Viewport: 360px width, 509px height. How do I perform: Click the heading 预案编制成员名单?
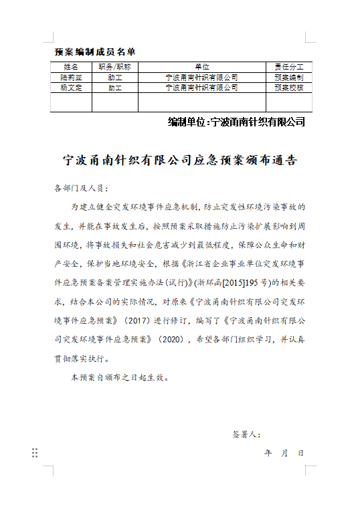[94, 52]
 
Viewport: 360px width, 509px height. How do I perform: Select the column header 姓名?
[71, 67]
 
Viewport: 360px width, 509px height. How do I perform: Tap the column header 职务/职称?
[114, 67]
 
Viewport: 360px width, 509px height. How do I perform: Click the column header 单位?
[202, 67]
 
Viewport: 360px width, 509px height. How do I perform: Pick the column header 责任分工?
[289, 67]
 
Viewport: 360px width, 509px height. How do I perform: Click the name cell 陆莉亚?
[71, 78]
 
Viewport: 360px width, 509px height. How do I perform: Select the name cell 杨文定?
[71, 88]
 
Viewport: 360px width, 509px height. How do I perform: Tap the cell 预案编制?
[289, 78]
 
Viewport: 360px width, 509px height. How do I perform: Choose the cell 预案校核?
[289, 88]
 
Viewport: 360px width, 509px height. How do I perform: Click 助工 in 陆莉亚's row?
[114, 78]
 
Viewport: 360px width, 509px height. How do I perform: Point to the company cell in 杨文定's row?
[202, 88]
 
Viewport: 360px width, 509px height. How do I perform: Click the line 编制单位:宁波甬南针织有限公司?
[236, 122]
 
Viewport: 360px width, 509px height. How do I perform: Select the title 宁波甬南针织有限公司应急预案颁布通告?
[179, 161]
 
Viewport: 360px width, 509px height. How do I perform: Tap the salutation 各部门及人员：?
[80, 189]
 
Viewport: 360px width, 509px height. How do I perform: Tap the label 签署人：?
[246, 435]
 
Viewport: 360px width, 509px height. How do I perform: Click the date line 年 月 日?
[284, 453]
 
